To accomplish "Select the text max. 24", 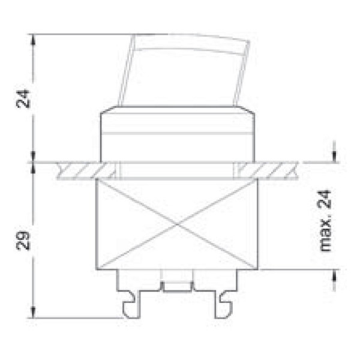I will click(x=325, y=226).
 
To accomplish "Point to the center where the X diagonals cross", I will click(x=178, y=225).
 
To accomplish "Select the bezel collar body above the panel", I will click(x=176, y=135).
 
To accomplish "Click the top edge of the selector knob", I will click(x=190, y=38).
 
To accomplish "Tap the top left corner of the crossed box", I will click(x=97, y=180).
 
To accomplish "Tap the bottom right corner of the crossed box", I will click(x=257, y=268).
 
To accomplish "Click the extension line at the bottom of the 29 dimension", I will click(x=78, y=317).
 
